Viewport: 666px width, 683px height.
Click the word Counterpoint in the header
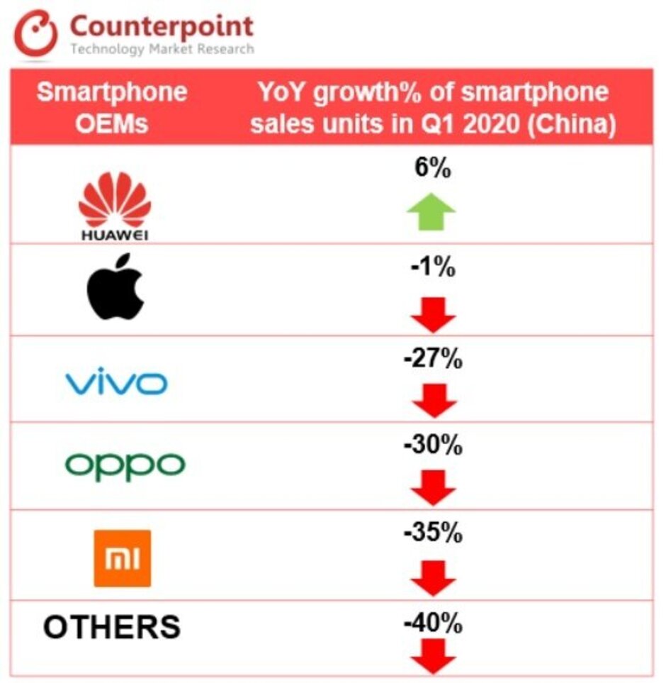pyautogui.click(x=161, y=26)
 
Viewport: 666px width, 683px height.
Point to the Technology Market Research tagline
pyautogui.click(x=161, y=49)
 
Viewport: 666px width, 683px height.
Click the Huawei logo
pyautogui.click(x=114, y=206)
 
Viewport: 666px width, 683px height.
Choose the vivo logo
pyautogui.click(x=116, y=384)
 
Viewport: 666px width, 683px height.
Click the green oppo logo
pyautogui.click(x=125, y=465)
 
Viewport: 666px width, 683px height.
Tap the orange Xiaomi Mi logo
pyautogui.click(x=122, y=557)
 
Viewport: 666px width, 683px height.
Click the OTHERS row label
pyautogui.click(x=111, y=627)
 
